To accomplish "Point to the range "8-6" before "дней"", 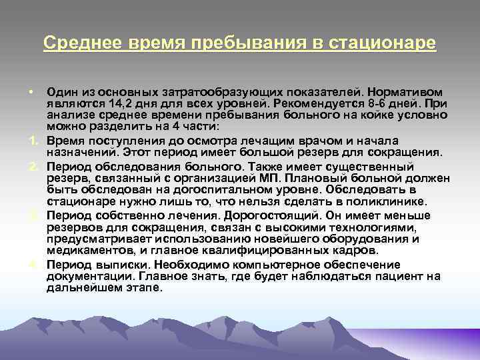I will click(359, 105).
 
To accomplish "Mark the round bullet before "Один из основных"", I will click(32, 91).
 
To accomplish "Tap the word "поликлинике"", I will click(391, 202).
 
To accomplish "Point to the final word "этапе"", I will click(145, 287).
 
